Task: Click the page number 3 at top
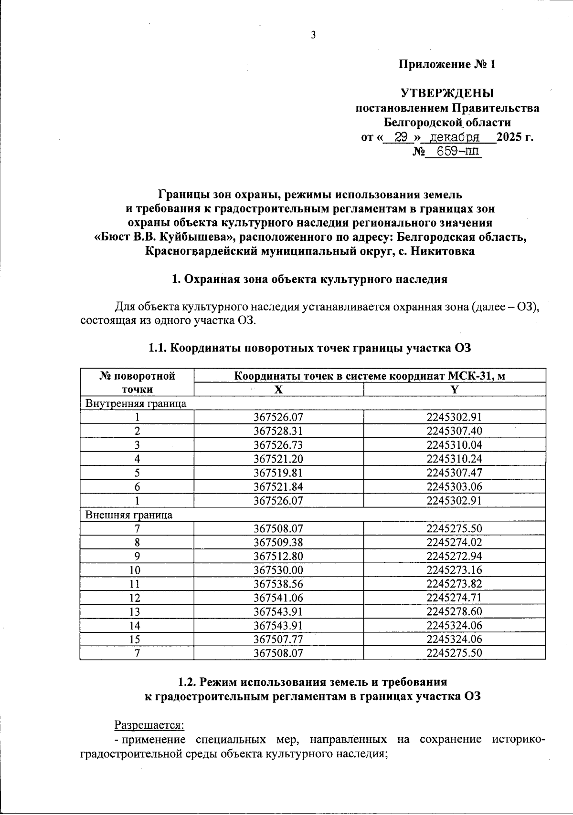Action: tap(314, 35)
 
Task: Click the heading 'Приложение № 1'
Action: tap(447, 64)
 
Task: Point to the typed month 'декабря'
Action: tap(455, 138)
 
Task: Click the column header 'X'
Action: tap(278, 390)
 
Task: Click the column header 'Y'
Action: tap(454, 390)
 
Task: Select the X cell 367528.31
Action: tap(278, 431)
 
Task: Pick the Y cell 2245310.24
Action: tap(454, 459)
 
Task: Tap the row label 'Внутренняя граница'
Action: tap(136, 403)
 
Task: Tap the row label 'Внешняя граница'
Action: tap(129, 515)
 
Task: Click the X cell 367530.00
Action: tap(278, 570)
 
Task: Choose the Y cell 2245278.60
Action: tap(454, 611)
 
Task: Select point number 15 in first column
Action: tap(137, 639)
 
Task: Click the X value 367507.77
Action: tap(278, 639)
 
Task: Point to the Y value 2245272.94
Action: tap(454, 556)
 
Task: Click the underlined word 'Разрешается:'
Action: tap(149, 725)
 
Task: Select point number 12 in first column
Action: tap(137, 598)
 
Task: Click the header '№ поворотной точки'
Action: tap(137, 382)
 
